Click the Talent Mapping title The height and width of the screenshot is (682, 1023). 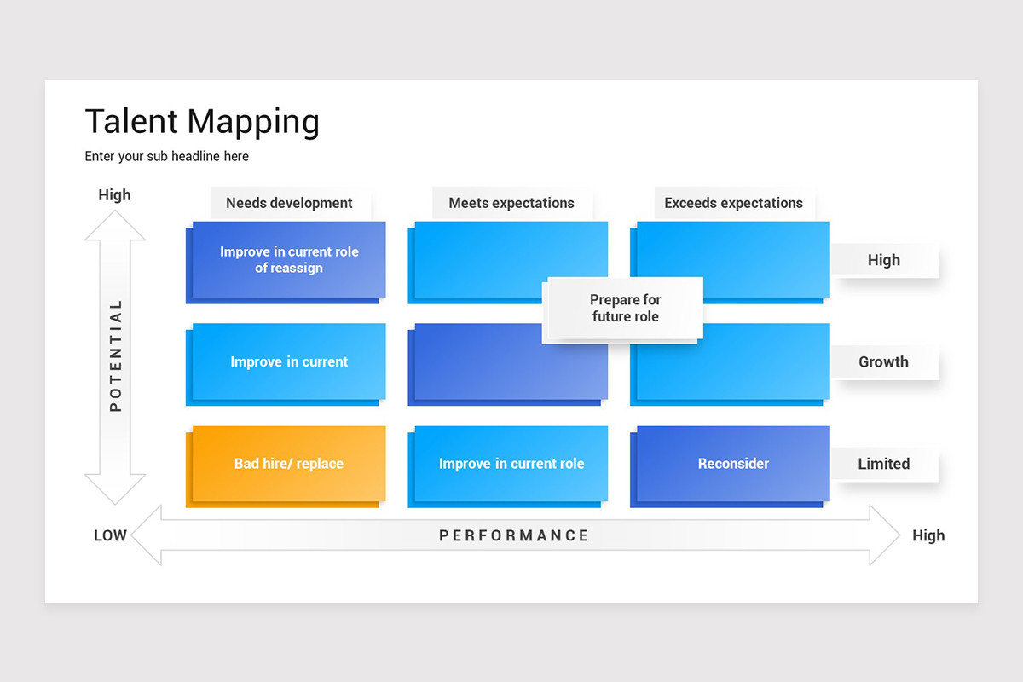202,122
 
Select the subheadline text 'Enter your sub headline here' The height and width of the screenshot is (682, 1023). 167,157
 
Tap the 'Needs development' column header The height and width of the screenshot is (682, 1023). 289,203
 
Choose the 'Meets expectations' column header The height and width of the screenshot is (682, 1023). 511,203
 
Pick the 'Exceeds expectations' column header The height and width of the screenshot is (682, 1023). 733,203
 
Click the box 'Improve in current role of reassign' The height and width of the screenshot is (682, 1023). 289,260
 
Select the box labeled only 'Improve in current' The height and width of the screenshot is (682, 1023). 289,362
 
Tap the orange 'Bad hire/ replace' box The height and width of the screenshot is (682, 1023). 289,465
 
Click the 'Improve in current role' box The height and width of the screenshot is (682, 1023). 511,465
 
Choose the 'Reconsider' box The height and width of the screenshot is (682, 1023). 733,465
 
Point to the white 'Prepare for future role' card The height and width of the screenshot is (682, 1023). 625,309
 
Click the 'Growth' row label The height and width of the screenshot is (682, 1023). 883,362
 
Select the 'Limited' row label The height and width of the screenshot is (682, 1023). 883,465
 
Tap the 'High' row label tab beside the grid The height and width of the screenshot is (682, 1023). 883,261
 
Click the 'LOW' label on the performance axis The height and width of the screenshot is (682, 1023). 110,536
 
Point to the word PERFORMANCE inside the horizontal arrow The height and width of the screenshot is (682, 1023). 514,536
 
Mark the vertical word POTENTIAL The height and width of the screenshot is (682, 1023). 116,356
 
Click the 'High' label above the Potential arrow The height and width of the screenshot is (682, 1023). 114,195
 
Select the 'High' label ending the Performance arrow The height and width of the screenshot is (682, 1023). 928,536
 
